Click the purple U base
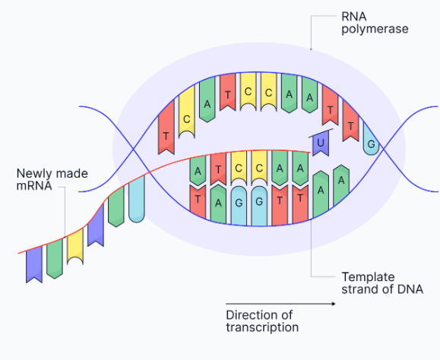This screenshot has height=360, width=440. (x=321, y=143)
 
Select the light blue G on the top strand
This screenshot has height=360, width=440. (x=371, y=143)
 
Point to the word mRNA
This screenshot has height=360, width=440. (x=33, y=185)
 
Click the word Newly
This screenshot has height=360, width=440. (x=36, y=173)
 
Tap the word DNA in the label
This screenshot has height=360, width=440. (x=399, y=289)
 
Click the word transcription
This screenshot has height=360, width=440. (x=262, y=327)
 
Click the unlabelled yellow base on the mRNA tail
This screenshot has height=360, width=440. (x=75, y=248)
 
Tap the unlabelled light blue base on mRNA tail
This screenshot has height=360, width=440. (x=137, y=202)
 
